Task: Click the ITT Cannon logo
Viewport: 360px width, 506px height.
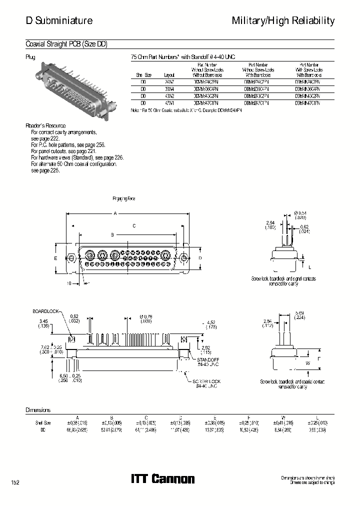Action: (162, 478)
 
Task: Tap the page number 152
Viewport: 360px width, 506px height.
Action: (16, 482)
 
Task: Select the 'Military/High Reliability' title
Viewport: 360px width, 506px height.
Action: (283, 20)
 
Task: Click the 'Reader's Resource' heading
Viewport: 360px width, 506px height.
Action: (45, 125)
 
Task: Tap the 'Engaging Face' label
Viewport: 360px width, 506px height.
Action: (124, 199)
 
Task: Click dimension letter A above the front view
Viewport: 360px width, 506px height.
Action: (115, 213)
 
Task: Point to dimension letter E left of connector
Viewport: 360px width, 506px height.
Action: (56, 257)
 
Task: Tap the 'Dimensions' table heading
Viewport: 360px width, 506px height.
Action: (38, 410)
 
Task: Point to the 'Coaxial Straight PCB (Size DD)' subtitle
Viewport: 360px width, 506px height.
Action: (66, 44)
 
